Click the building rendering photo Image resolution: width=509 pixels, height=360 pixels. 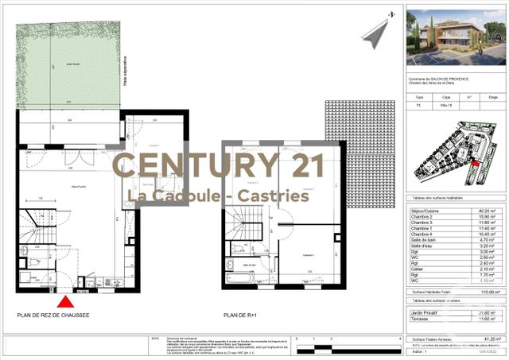[455, 37]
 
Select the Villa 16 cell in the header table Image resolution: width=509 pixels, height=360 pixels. [447, 104]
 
